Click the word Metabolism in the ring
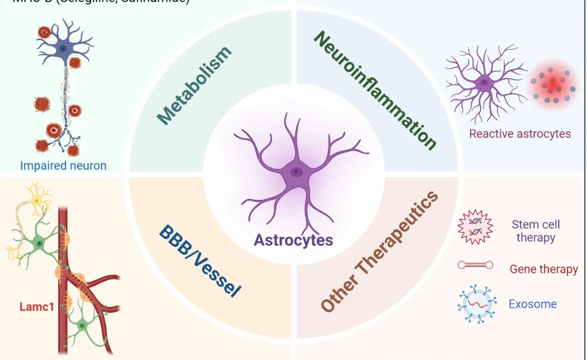[194, 86]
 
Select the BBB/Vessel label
[200, 260]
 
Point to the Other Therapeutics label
[380, 252]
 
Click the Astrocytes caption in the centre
[293, 240]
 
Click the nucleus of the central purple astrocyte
[297, 172]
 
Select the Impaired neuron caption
[63, 165]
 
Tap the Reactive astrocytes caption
[519, 133]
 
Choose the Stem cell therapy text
[535, 231]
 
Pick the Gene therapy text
[543, 269]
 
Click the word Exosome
[532, 304]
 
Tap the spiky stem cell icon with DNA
[475, 227]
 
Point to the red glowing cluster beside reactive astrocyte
[553, 85]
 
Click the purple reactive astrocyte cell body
[484, 84]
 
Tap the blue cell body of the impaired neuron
[63, 48]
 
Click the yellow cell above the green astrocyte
[36, 199]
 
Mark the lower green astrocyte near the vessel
[82, 325]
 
